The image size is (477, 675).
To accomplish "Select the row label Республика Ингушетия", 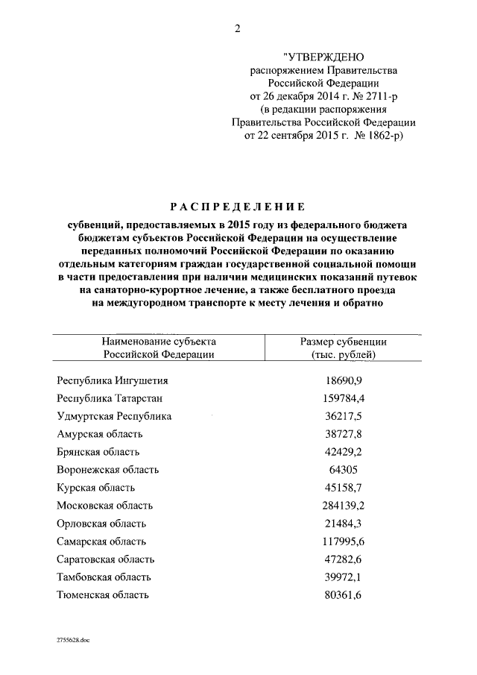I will tap(113, 380).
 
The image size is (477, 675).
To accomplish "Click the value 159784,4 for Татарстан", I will tap(344, 398).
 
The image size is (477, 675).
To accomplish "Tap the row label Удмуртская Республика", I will tap(114, 416).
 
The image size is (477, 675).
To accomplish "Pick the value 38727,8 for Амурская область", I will tap(344, 434).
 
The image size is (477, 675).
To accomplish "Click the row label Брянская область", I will tap(98, 452).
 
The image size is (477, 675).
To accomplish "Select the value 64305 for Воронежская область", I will tap(344, 470).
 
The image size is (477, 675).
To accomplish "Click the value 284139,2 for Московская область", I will tap(344, 506).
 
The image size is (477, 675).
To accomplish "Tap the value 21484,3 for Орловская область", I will tap(344, 524).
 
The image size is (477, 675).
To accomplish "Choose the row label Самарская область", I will tap(101, 541).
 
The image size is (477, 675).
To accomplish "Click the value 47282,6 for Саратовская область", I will tap(344, 559).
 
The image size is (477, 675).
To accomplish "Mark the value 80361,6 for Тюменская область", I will tap(344, 595).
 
